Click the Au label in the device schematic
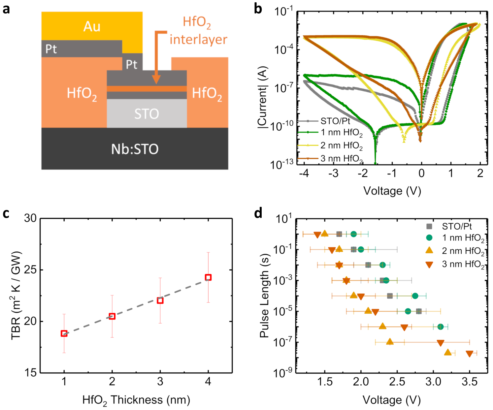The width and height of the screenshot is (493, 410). pos(92,27)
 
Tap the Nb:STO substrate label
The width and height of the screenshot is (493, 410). pos(135,149)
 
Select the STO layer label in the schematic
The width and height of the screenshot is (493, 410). pos(147,114)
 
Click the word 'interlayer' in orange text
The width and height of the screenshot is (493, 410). pos(198,40)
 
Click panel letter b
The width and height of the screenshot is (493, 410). pos(258,9)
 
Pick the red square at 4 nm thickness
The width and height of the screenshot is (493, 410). pos(208,277)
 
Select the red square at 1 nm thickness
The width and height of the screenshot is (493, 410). pos(64,333)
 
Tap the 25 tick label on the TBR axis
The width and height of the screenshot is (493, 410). pos(31,270)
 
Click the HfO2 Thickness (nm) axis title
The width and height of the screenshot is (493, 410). pos(136,400)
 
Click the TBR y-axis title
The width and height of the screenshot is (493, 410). pos(16,295)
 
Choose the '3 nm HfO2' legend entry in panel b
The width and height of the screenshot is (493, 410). pos(342,159)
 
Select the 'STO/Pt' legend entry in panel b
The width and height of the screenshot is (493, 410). pos(335,121)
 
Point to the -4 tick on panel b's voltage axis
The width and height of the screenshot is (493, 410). pos(304,173)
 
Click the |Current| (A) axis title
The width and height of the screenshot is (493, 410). pos(263,97)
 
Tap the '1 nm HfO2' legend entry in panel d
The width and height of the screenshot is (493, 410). pos(463,238)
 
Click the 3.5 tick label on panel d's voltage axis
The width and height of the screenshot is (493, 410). pos(469,382)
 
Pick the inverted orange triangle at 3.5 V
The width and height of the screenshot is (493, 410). pos(469,354)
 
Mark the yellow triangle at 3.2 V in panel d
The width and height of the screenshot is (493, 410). pos(448,352)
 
